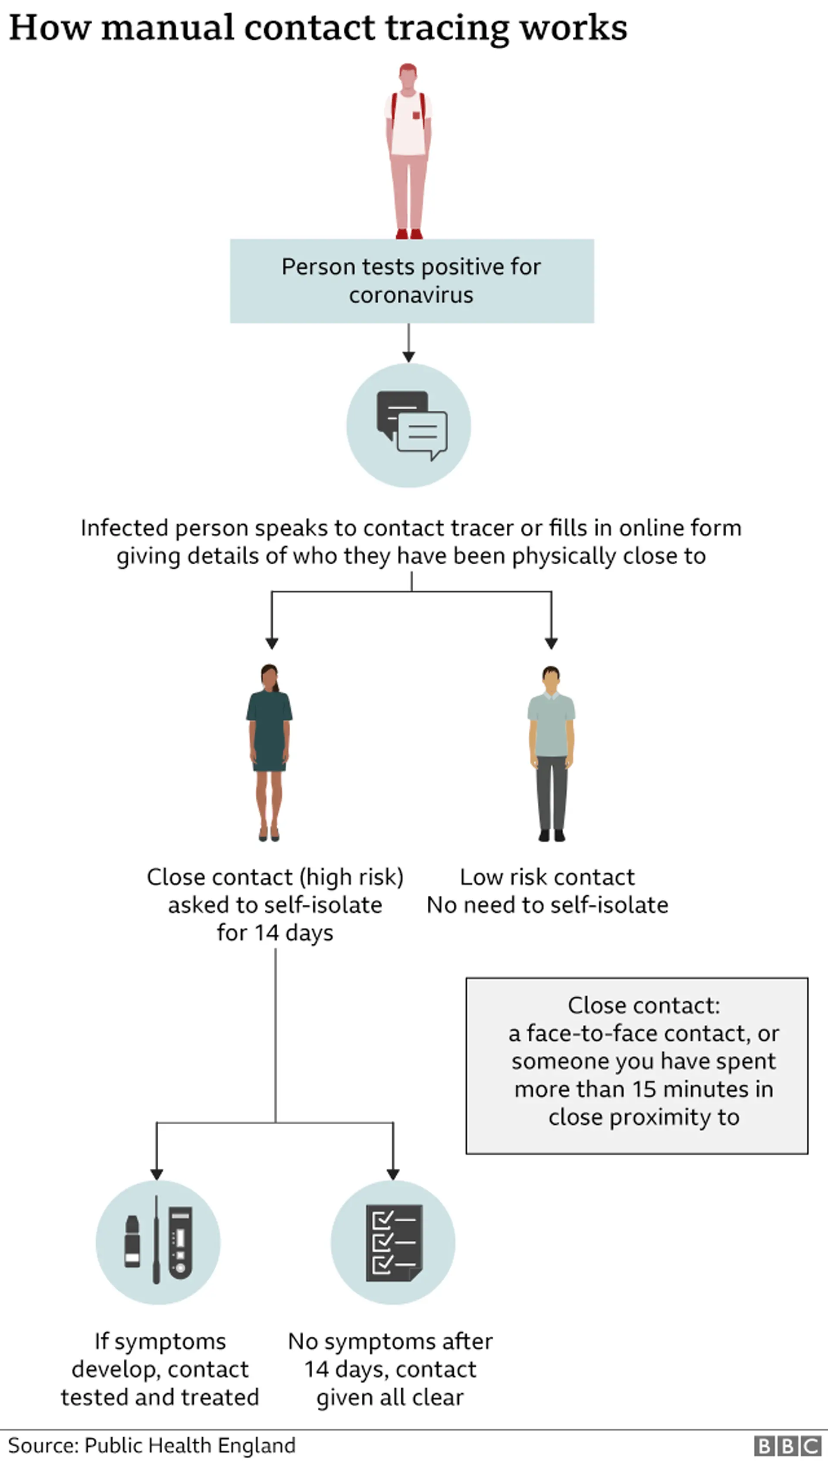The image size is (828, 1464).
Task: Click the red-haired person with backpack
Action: point(408,150)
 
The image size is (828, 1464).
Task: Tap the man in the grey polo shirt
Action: point(551,753)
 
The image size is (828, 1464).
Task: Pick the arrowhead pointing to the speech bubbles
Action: point(408,357)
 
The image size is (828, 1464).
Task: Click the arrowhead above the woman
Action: point(272,643)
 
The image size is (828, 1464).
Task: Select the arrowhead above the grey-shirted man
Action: point(551,643)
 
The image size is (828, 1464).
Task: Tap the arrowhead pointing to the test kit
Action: point(157,1174)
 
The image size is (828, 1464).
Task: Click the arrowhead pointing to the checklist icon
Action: point(393,1174)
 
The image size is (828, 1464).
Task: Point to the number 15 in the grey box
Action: point(644,1089)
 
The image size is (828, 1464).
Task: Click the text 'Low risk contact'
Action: point(547,877)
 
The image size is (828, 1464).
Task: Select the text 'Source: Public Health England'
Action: point(152,1445)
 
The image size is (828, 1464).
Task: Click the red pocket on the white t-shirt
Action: point(416,116)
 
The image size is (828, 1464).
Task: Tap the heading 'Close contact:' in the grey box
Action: point(644,1005)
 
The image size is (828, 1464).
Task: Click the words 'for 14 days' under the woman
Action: point(275,932)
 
